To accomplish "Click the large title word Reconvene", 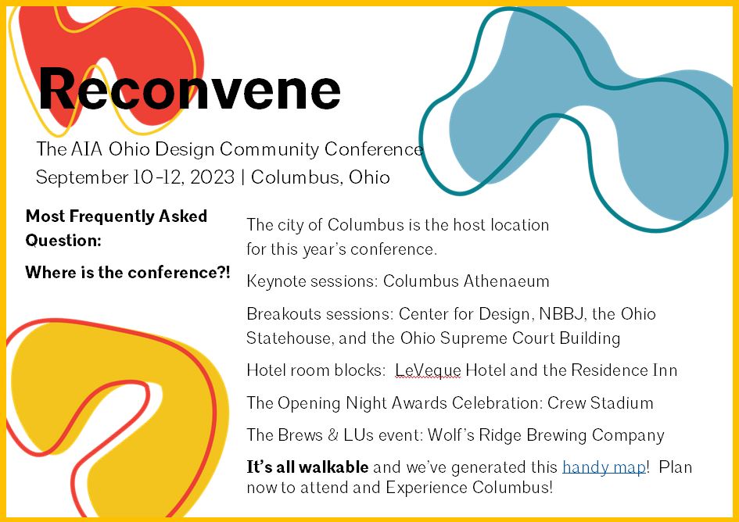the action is coord(189,89).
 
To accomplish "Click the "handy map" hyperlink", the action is coord(604,467).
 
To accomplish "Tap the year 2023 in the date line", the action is coord(212,177).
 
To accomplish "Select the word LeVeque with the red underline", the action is coord(428,370).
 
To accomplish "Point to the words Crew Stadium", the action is coord(601,402).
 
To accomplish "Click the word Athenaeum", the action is coord(506,281).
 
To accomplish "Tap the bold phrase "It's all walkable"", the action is coord(307,467).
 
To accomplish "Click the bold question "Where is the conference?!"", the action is coord(127,272).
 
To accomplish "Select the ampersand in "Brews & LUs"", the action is coord(333,434).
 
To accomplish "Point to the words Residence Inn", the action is coord(624,370).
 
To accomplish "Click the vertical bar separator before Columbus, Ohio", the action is coord(242,177).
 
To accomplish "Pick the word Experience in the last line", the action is coord(426,487).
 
